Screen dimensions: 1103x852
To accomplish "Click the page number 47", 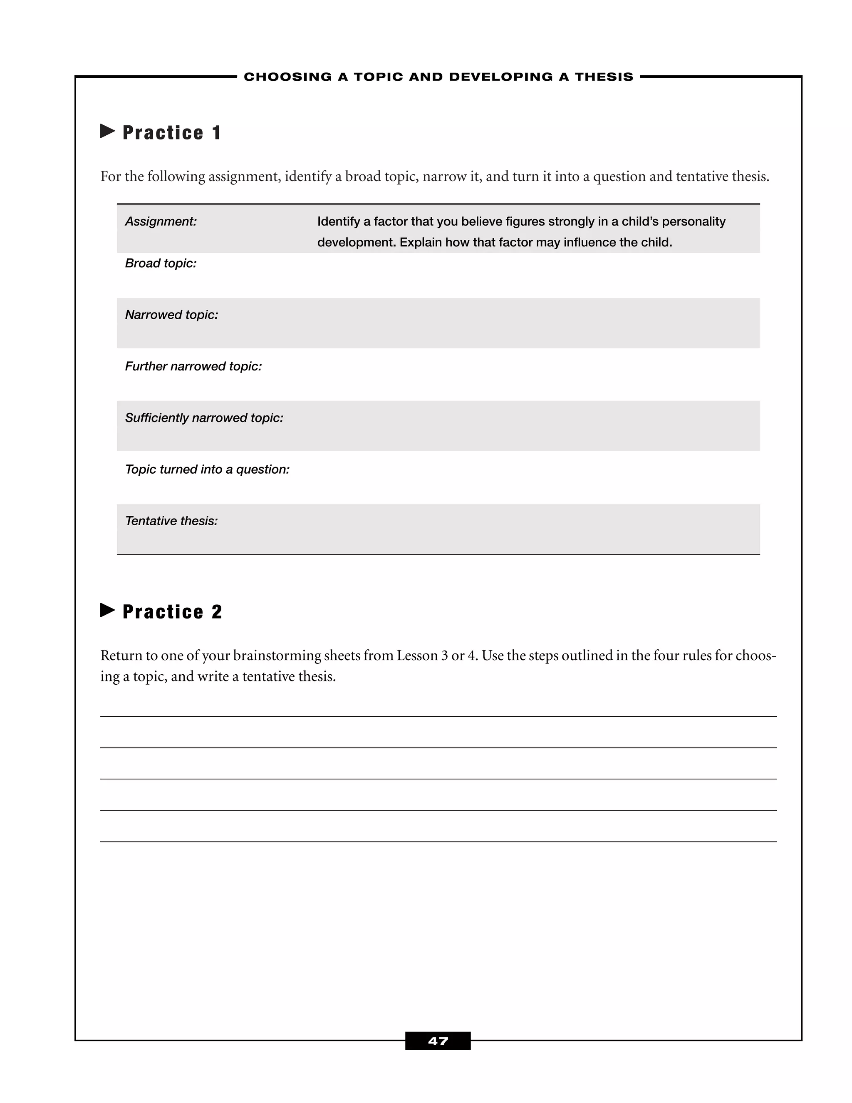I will pos(438,1041).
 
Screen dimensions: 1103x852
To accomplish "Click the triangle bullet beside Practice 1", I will pos(107,131).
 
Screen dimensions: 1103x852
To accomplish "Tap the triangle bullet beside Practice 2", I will pos(107,610).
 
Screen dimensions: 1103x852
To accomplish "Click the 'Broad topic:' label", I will pos(161,263).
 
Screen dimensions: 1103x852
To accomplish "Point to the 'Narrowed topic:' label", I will pos(172,315).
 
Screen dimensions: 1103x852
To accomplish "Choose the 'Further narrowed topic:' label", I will pos(193,366).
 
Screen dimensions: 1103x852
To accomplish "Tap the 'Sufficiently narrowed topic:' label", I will pos(204,417).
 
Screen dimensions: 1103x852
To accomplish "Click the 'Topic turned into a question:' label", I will pos(207,469).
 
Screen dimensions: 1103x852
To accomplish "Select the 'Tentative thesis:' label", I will pos(171,521).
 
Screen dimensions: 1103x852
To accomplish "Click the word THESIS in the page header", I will pos(604,77).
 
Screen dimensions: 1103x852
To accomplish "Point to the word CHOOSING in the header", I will pos(288,77).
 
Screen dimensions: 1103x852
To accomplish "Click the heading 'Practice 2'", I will pos(172,611).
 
